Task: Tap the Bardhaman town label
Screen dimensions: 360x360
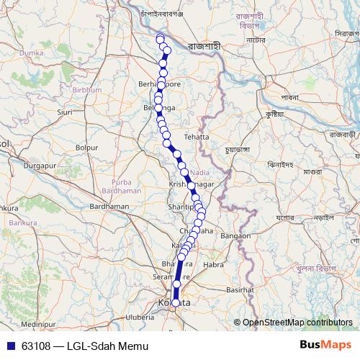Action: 109,206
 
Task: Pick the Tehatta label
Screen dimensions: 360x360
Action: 196,136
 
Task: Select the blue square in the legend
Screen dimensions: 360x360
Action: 8,346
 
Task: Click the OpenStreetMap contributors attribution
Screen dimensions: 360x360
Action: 297,323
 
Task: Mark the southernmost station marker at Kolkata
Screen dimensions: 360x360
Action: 175,302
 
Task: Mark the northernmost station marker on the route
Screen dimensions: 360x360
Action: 160,37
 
